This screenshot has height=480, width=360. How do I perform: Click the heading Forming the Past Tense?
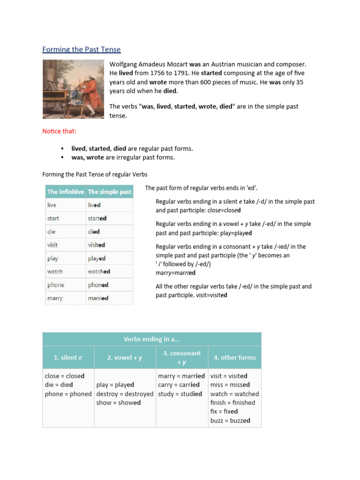click(81, 49)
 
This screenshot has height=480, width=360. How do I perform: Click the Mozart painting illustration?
click(73, 89)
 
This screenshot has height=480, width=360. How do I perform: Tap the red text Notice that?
click(59, 131)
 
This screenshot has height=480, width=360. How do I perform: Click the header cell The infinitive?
click(66, 192)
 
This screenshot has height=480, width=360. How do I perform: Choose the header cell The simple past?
click(110, 192)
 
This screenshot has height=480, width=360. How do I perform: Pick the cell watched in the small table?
click(99, 271)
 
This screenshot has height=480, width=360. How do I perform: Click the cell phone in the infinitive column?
click(56, 285)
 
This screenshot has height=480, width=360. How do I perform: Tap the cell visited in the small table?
click(96, 245)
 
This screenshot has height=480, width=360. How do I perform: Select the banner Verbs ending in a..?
click(151, 339)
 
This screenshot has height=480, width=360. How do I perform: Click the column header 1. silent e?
click(68, 357)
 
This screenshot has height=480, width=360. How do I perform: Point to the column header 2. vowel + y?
click(125, 357)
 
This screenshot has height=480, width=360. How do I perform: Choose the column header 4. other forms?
click(234, 357)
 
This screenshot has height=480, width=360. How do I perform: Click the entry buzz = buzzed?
click(230, 420)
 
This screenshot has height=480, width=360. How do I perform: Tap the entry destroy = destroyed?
click(125, 394)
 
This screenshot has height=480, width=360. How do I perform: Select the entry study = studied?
click(180, 394)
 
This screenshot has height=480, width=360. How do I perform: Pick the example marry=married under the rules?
click(176, 273)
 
